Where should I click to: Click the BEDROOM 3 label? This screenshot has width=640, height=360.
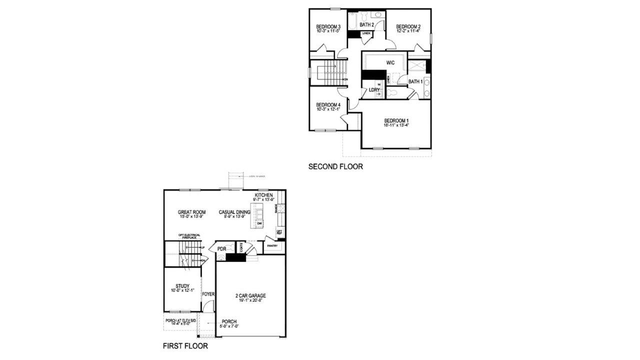[x=328, y=26]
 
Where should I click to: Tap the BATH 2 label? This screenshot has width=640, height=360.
[x=366, y=24]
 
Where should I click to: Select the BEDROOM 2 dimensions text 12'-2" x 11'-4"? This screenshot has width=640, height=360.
[x=408, y=31]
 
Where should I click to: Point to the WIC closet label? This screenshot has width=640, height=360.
[x=391, y=63]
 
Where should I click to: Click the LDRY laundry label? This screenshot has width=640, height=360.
[x=374, y=90]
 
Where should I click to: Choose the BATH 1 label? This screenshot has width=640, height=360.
[x=415, y=81]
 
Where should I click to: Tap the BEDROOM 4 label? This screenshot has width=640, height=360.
[x=328, y=105]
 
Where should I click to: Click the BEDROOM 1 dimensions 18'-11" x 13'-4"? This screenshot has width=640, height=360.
[x=396, y=125]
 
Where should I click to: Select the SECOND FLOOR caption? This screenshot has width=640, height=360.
[x=335, y=166]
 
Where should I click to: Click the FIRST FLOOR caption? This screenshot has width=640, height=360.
[x=185, y=345]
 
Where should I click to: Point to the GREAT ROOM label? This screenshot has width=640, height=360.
[x=191, y=212]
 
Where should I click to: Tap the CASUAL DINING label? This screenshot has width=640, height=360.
[x=234, y=212]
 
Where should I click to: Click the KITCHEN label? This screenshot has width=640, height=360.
[x=263, y=195]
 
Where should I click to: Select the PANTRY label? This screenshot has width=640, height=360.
[x=272, y=245]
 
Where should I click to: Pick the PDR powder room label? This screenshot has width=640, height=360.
[x=222, y=248]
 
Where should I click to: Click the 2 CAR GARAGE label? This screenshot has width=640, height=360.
[x=250, y=295]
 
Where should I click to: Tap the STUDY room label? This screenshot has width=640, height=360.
[x=182, y=286]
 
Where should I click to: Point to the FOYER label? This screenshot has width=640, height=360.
[x=208, y=294]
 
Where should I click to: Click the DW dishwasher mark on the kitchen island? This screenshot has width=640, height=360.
[x=259, y=223]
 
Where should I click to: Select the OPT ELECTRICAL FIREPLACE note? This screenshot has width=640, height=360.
[x=189, y=236]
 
